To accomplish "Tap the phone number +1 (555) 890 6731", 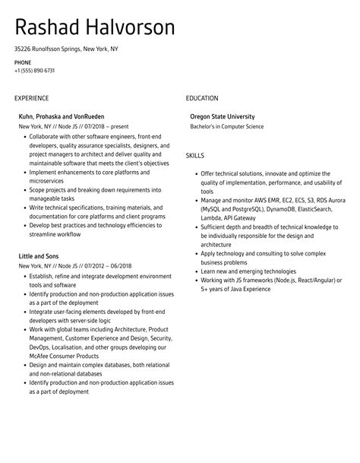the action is pyautogui.click(x=34, y=71).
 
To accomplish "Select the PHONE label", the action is pyautogui.click(x=23, y=62).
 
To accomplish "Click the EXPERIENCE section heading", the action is pyautogui.click(x=31, y=98).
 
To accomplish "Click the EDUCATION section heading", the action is pyautogui.click(x=202, y=98).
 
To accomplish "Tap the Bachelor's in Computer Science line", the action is pyautogui.click(x=227, y=126).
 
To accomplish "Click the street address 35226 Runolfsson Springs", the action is pyautogui.click(x=48, y=49).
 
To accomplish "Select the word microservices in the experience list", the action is pyautogui.click(x=49, y=180).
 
